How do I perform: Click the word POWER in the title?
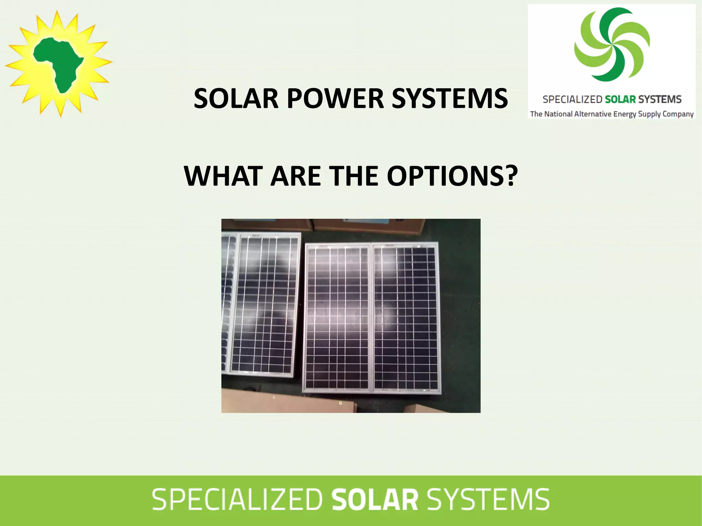335,99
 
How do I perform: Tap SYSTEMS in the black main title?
450,99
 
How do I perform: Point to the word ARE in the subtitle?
295,176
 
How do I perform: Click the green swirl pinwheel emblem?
612,45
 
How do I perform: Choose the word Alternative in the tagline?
593,114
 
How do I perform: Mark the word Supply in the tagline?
649,114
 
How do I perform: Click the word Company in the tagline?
678,114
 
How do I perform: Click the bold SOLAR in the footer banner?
375,500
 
